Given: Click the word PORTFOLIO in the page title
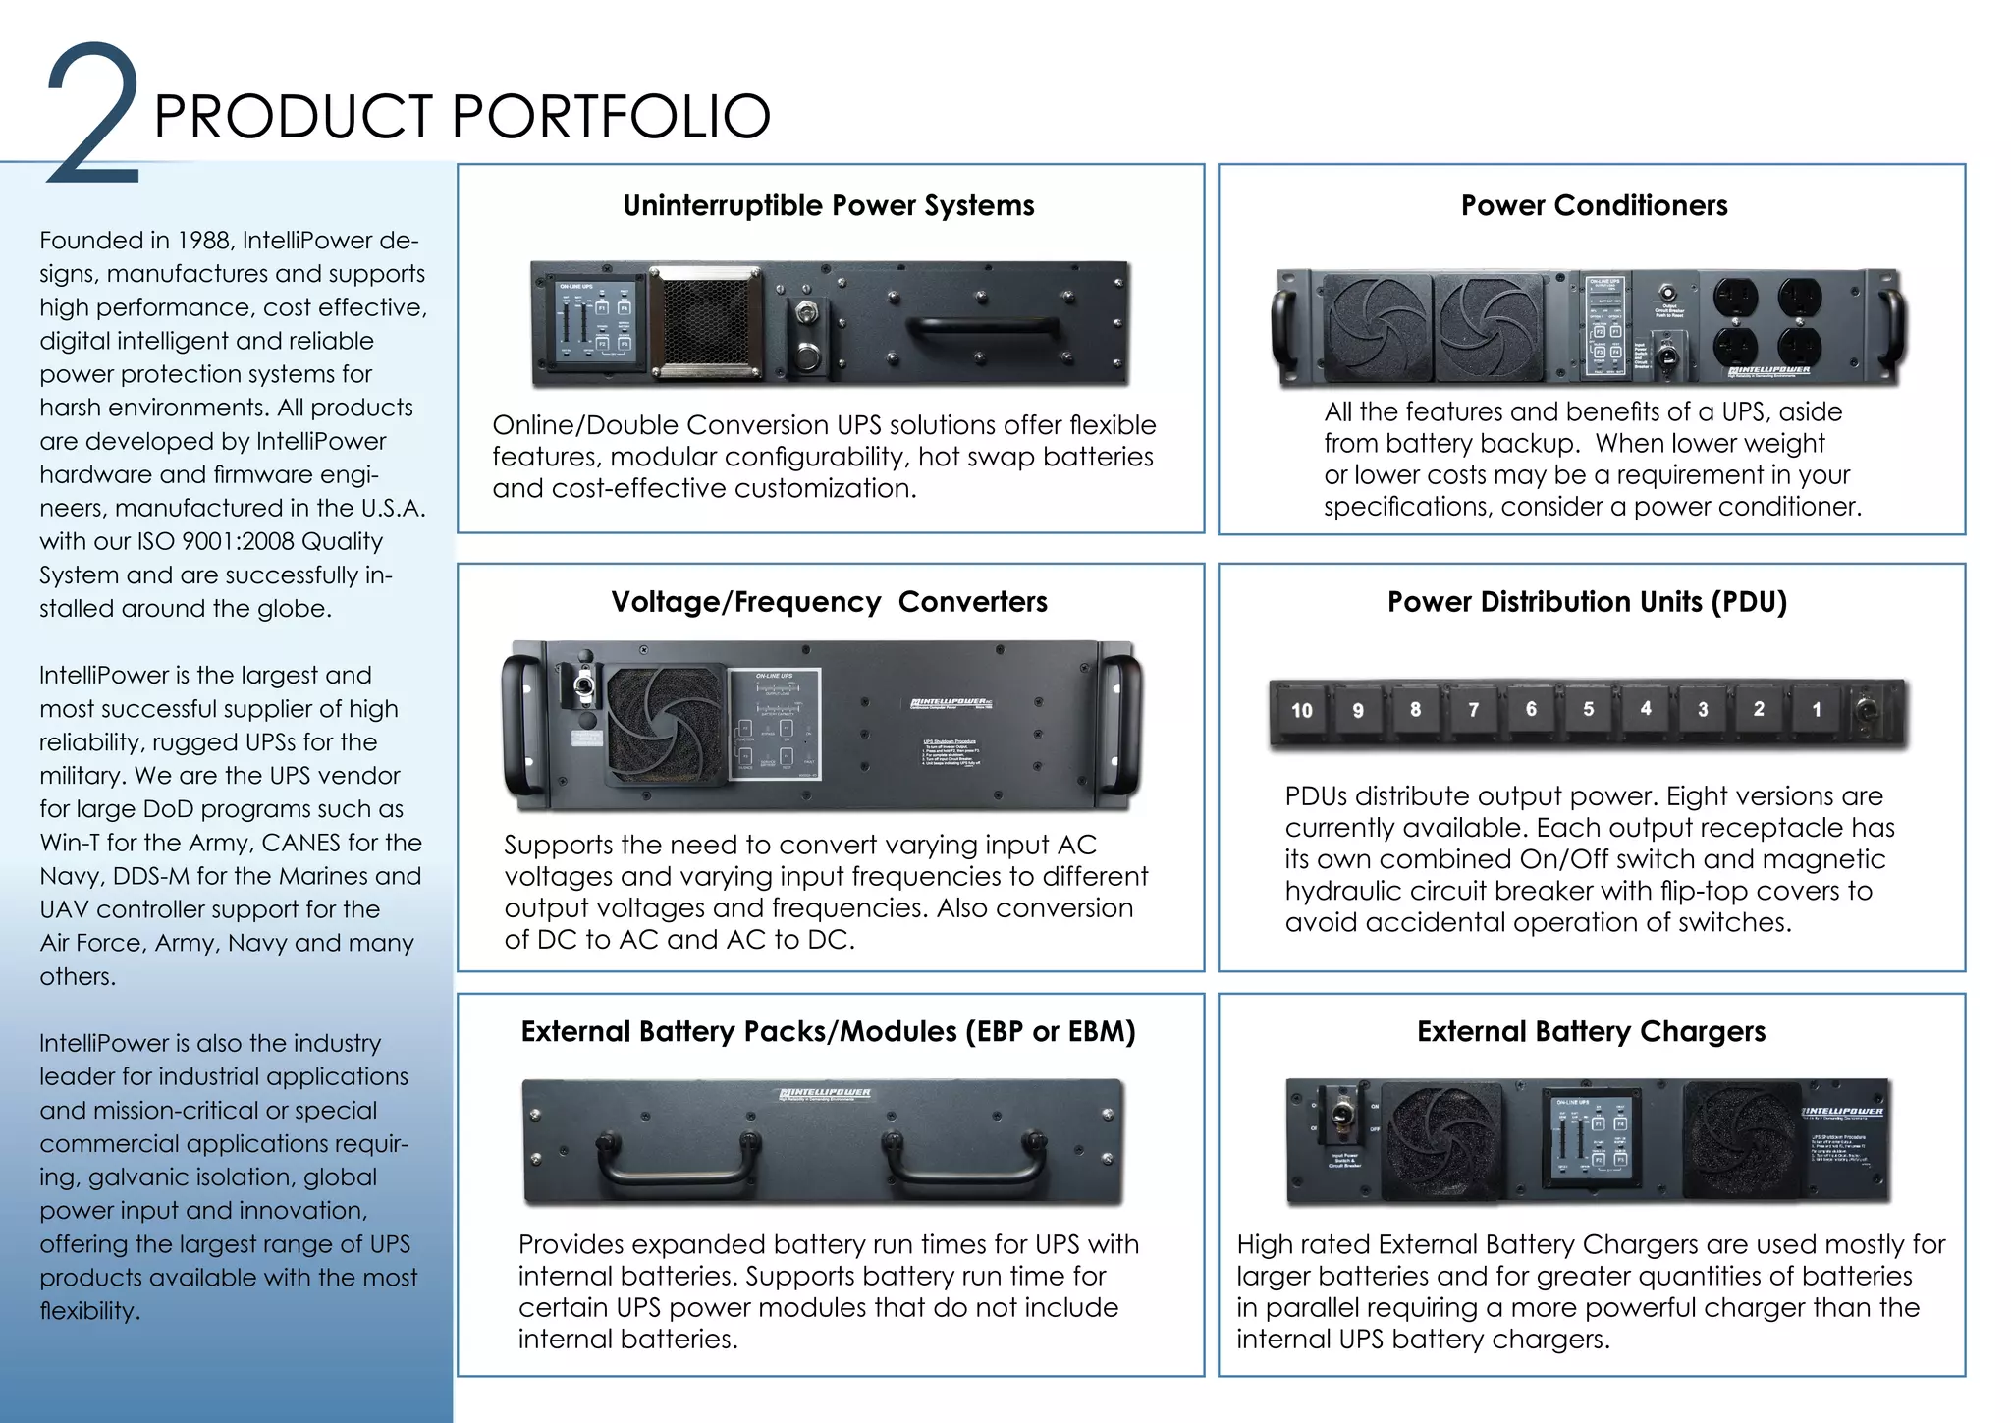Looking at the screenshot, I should tap(611, 116).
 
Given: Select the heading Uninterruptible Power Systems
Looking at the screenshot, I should tap(828, 205).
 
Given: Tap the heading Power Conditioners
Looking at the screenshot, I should tap(1593, 205).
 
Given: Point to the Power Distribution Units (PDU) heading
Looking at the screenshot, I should tap(1586, 601).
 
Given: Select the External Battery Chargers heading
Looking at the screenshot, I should tap(1590, 1031).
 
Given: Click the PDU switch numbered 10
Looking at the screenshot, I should tap(1301, 710).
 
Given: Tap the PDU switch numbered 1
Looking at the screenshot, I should tap(1816, 710).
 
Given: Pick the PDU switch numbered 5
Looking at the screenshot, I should tap(1588, 709).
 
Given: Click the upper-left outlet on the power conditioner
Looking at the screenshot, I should tap(1735, 296).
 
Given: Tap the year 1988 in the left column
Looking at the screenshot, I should tap(204, 241).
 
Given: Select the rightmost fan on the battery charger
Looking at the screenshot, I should tap(1741, 1141).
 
